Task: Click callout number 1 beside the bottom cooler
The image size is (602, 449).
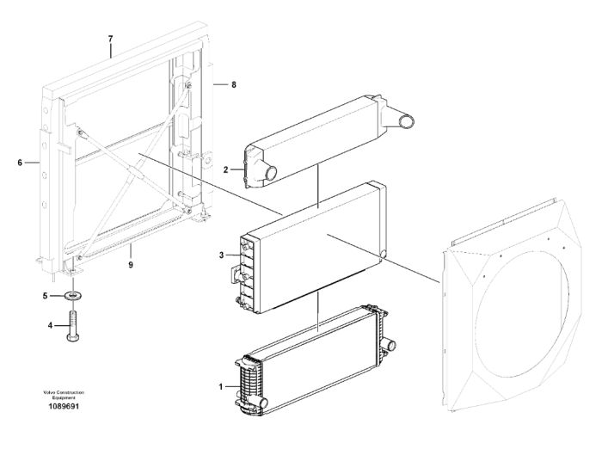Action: (221, 387)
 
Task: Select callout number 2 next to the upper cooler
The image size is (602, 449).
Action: (225, 169)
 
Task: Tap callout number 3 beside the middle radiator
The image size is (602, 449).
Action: (221, 255)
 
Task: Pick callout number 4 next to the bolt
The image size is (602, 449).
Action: (50, 325)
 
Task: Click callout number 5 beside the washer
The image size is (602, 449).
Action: (45, 296)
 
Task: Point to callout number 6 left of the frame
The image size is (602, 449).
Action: (20, 163)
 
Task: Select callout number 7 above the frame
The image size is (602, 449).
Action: (111, 39)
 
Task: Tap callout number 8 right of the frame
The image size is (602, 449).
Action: (234, 84)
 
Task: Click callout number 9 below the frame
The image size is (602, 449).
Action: (131, 265)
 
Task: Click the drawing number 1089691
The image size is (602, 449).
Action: (64, 406)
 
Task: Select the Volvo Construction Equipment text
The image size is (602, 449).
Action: (64, 395)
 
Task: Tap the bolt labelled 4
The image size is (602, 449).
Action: (73, 326)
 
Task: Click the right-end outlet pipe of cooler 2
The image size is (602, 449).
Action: (405, 122)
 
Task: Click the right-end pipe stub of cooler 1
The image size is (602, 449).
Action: (390, 344)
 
